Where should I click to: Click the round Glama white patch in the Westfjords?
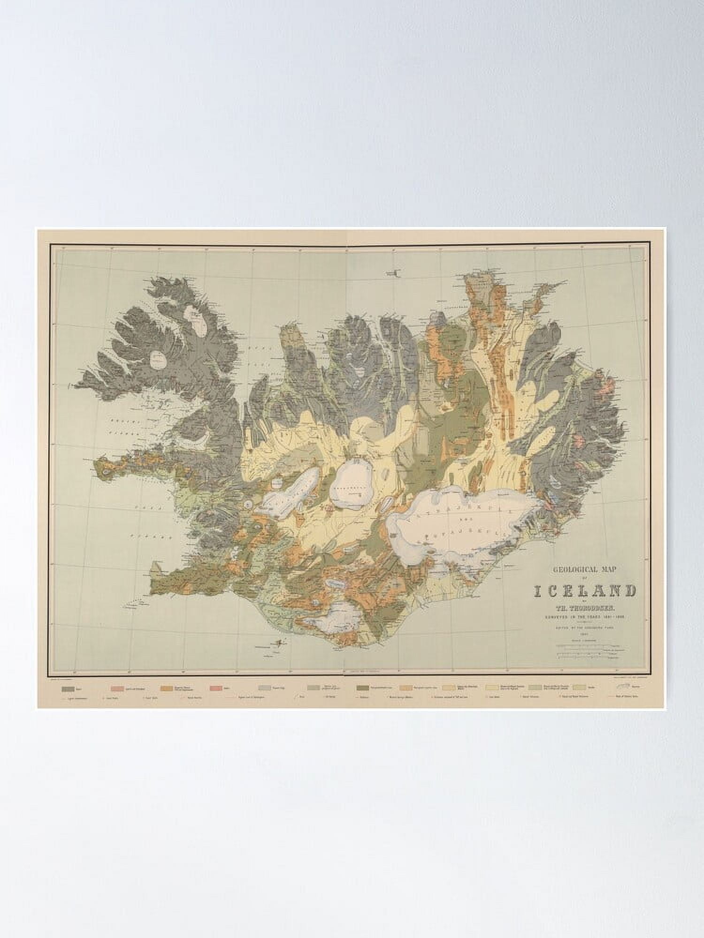[158, 361]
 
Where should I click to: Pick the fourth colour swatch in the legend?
[216, 688]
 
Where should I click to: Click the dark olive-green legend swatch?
[362, 688]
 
